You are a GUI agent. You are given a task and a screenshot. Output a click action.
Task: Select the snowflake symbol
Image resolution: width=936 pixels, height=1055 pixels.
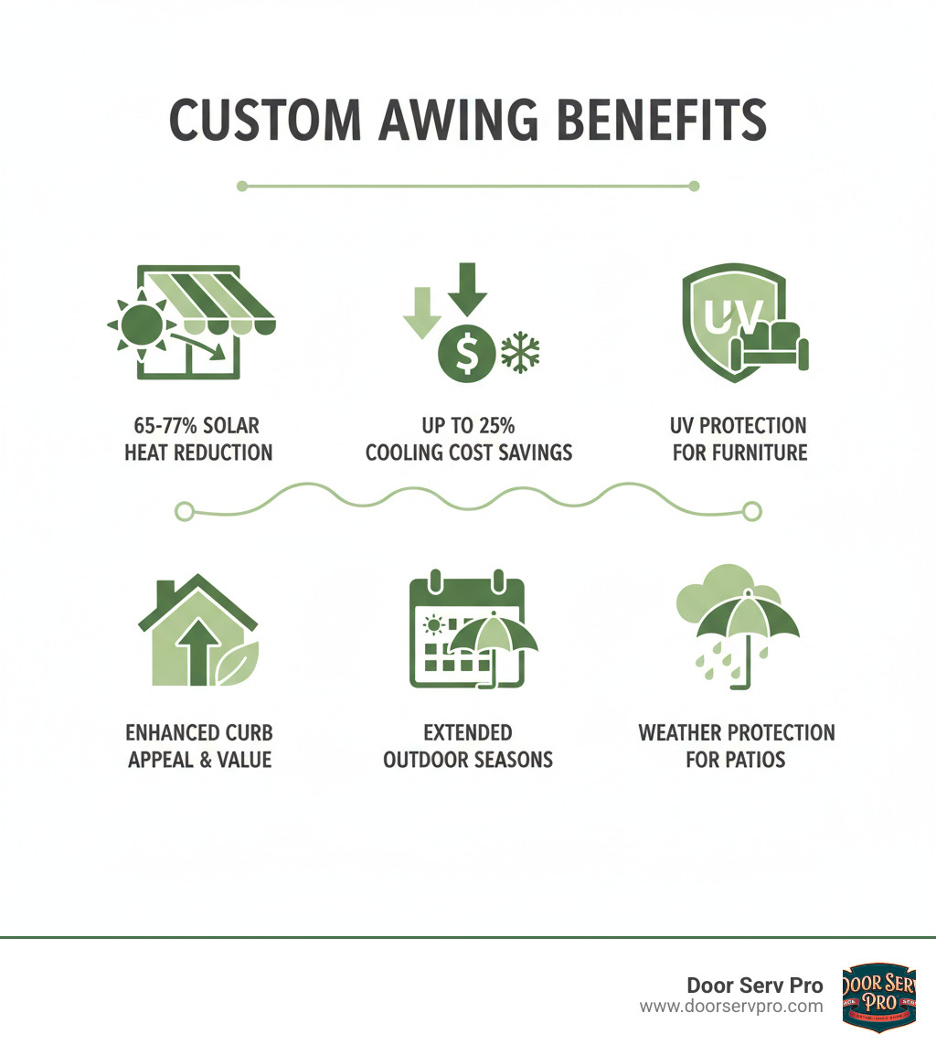[x=521, y=351]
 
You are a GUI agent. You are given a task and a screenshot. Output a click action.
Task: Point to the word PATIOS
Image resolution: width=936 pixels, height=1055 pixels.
[x=736, y=760]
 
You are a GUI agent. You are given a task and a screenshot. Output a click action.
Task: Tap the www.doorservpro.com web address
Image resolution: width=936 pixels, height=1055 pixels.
[x=730, y=1006]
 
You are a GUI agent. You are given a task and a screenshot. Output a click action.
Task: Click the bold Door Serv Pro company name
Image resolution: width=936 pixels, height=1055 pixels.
[x=754, y=986]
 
